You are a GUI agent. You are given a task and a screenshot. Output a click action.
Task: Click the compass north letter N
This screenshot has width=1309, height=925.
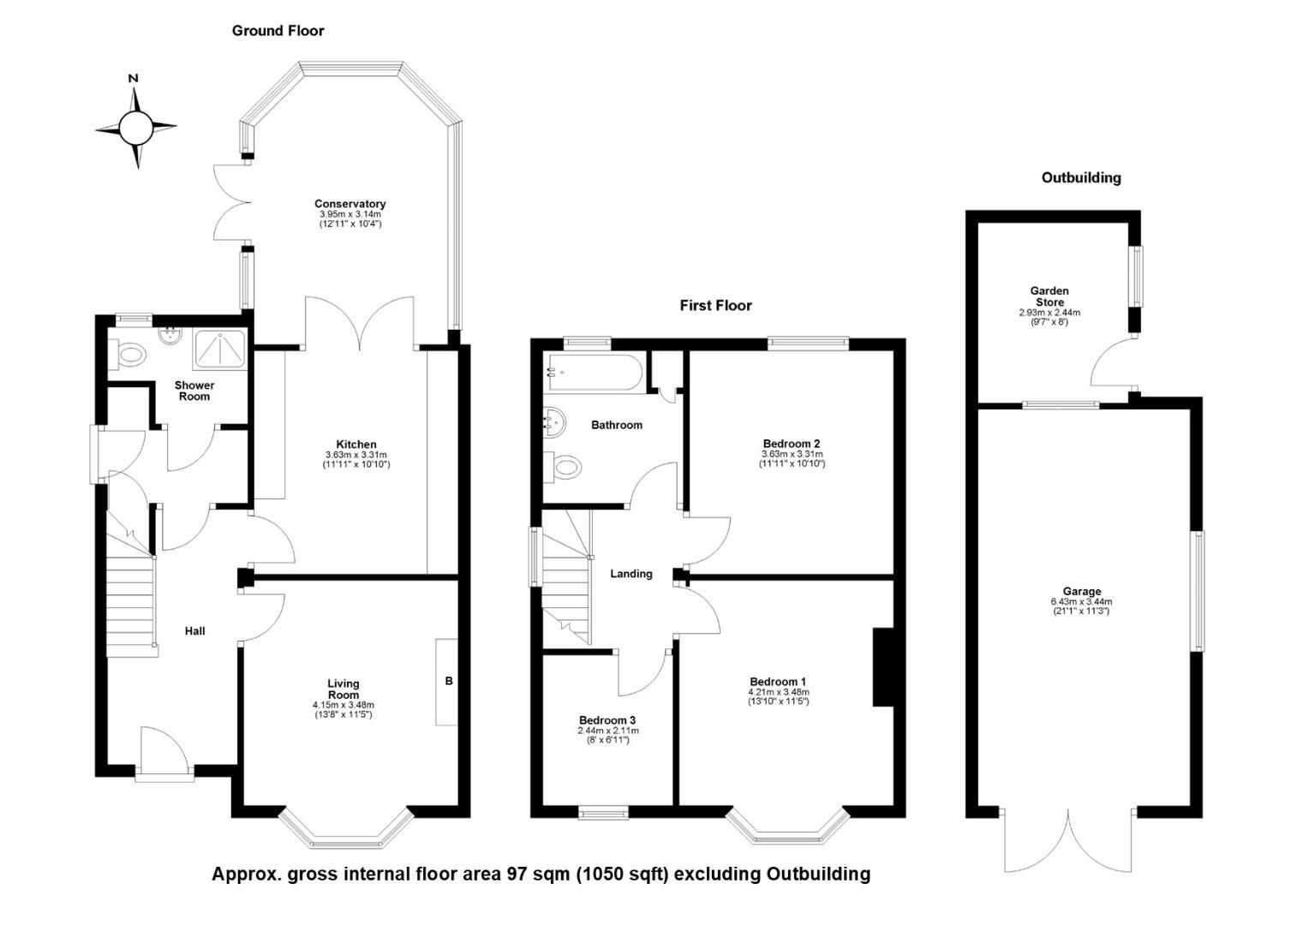tap(134, 78)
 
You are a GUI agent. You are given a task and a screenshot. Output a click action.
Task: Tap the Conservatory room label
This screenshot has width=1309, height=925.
tap(350, 204)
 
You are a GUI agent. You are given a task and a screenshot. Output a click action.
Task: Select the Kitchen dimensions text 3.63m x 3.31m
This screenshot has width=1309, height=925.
tap(356, 455)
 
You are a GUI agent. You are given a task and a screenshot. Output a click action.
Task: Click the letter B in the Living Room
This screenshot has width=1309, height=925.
tap(449, 681)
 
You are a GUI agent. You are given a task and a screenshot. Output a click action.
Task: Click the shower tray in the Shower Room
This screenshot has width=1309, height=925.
tap(220, 349)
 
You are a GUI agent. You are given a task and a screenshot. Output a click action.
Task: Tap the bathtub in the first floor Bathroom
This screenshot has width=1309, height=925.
tap(594, 373)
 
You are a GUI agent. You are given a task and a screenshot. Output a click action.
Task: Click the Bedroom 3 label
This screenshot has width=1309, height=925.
tap(607, 720)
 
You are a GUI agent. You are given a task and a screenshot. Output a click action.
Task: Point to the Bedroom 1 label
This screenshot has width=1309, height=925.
tap(778, 682)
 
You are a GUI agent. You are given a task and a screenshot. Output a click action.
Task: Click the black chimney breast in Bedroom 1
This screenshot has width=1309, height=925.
tap(883, 667)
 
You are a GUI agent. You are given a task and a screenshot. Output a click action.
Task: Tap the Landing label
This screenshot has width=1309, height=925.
tap(631, 574)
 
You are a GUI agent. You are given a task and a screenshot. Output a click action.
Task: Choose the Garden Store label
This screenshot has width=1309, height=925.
tap(1049, 296)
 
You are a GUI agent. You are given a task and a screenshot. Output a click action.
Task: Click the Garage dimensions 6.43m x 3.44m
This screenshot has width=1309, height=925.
tap(1081, 601)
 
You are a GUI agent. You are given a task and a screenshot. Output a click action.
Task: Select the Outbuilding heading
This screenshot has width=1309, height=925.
tap(1081, 177)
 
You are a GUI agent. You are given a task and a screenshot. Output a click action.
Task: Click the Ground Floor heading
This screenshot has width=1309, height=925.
tap(278, 31)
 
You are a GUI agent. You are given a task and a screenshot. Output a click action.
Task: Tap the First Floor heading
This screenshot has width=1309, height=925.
tap(716, 305)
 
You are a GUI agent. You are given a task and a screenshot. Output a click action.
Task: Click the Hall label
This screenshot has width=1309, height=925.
tap(195, 631)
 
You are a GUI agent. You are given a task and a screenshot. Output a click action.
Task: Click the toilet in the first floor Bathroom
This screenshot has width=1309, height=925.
tap(562, 467)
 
